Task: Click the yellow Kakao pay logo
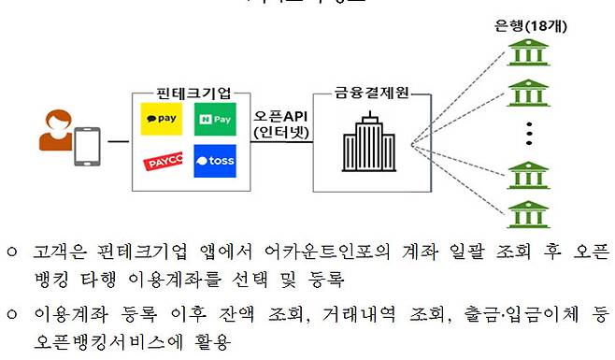[x=161, y=121]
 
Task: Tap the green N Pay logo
[x=215, y=121]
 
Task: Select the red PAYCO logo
[x=161, y=164]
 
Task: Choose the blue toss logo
[x=215, y=163]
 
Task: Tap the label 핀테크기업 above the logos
[x=190, y=94]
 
